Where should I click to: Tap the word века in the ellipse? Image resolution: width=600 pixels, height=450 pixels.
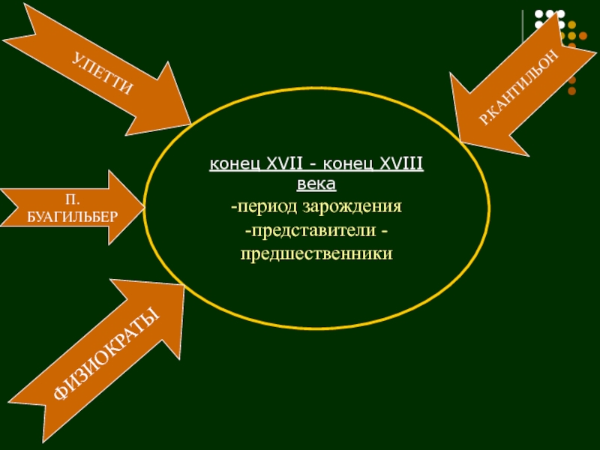316,183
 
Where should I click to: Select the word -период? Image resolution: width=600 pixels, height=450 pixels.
268,205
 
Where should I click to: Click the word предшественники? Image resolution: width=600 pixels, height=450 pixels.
316,253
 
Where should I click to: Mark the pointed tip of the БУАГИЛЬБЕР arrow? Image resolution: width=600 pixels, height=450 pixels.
142,203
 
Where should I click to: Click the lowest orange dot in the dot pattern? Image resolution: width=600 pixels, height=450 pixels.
572,91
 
